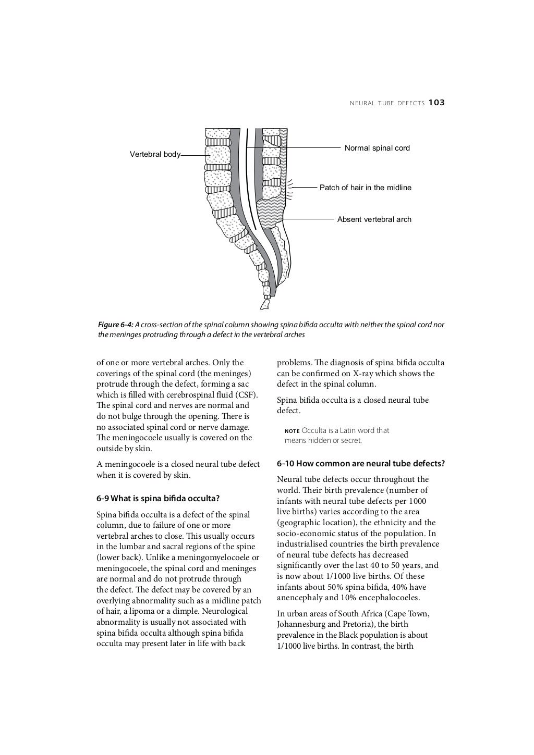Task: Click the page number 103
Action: (436, 103)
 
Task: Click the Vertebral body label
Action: (155, 154)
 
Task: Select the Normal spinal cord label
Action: (377, 148)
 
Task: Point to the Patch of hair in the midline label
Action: (365, 188)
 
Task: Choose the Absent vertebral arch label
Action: (374, 219)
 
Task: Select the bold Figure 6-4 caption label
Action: (115, 325)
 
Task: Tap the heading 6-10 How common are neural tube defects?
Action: (360, 463)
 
